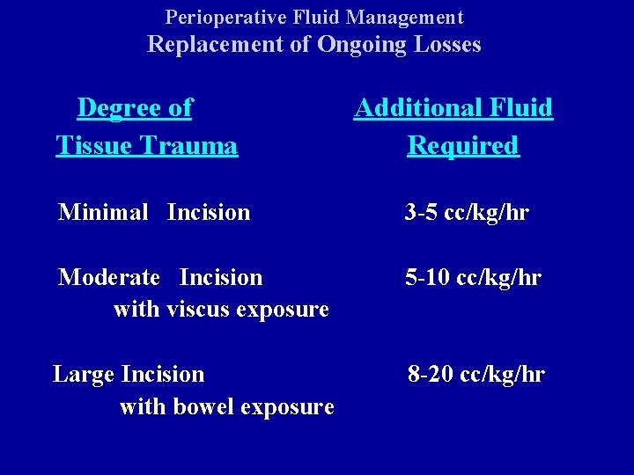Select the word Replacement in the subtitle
215,45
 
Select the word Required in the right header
463,145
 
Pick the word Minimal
103,212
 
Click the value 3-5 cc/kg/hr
467,212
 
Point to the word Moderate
109,277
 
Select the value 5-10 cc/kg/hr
473,277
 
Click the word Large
84,374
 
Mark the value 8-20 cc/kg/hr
476,374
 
